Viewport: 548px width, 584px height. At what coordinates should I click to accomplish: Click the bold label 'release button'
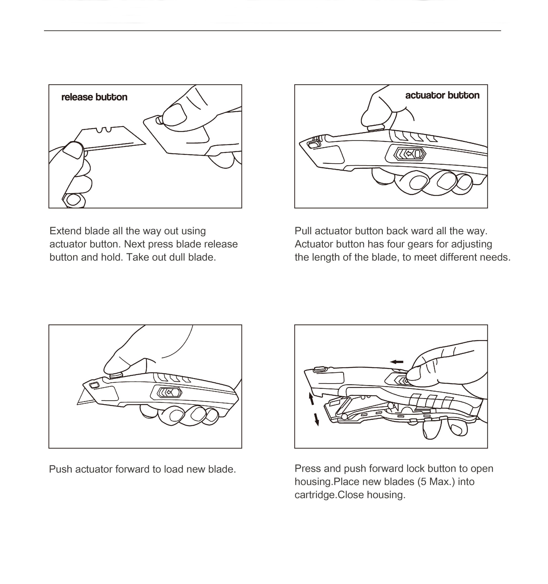(94, 97)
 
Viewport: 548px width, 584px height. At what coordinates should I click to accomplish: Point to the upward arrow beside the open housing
(311, 399)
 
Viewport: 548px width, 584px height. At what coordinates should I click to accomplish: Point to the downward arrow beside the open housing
(316, 419)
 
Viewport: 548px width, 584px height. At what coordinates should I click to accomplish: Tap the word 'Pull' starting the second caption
(303, 231)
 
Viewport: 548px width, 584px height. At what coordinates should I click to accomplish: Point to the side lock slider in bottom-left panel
(169, 392)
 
